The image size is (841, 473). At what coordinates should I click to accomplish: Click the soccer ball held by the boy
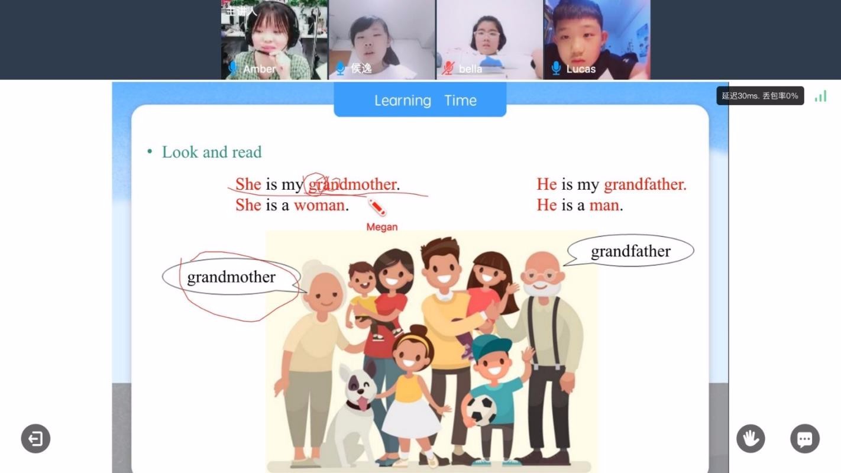pyautogui.click(x=481, y=410)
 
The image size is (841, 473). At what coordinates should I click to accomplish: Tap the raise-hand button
pyautogui.click(x=751, y=439)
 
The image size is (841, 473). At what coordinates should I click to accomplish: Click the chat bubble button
pyautogui.click(x=804, y=439)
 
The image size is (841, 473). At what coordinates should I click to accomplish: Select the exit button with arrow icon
pyautogui.click(x=35, y=439)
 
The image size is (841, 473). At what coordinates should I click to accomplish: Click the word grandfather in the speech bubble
pyautogui.click(x=630, y=251)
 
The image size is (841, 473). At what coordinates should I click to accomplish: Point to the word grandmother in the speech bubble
pyautogui.click(x=231, y=277)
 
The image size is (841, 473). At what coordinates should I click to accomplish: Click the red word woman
pyautogui.click(x=319, y=205)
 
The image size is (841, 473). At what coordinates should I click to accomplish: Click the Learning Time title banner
pyautogui.click(x=420, y=101)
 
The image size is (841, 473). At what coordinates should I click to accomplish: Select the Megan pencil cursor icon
pyautogui.click(x=377, y=207)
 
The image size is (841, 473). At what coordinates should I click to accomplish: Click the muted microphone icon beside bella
pyautogui.click(x=449, y=69)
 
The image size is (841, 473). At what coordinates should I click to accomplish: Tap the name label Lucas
pyautogui.click(x=581, y=69)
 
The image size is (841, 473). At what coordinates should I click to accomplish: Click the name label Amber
pyautogui.click(x=260, y=69)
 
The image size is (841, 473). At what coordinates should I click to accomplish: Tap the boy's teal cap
pyautogui.click(x=491, y=345)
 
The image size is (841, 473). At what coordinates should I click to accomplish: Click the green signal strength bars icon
pyautogui.click(x=820, y=96)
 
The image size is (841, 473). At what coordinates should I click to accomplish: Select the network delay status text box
pyautogui.click(x=760, y=96)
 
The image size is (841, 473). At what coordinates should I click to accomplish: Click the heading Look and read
pyautogui.click(x=211, y=152)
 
